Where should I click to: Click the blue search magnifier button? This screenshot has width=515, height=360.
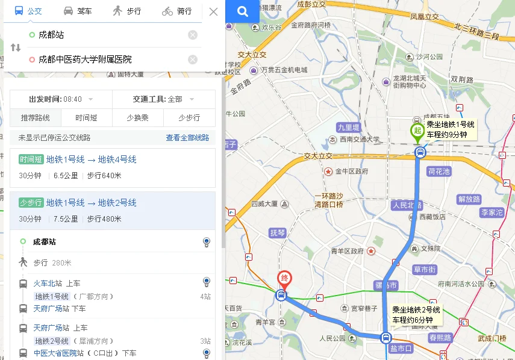coord(242,11)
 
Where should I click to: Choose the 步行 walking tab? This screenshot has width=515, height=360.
coord(126,11)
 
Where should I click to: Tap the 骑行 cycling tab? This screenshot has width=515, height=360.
coord(176,11)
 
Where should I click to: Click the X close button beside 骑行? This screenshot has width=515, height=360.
coord(213,11)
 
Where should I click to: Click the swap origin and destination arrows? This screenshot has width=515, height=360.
coord(16,48)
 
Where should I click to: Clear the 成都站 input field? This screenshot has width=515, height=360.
coord(193,35)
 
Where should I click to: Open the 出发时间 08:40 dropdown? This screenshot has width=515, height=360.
coord(61,99)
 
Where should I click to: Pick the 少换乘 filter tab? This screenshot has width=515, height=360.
coord(137,118)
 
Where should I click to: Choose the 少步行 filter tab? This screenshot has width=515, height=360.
coord(189,118)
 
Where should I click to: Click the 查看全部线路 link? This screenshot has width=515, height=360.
coord(187,138)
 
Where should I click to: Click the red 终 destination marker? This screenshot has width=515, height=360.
coord(284,279)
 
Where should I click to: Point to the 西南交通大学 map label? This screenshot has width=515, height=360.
coord(359,140)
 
